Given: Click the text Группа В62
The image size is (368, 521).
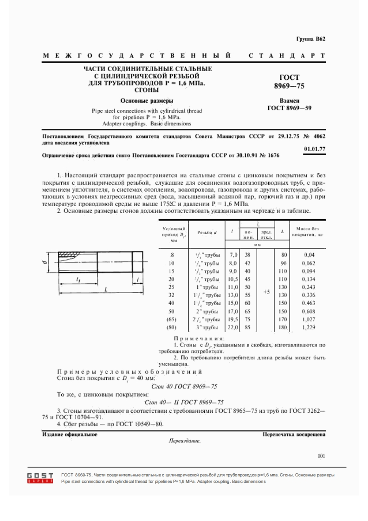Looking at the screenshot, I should (310, 39).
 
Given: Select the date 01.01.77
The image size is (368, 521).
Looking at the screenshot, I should (314, 149).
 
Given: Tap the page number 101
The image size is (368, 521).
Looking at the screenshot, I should (322, 456).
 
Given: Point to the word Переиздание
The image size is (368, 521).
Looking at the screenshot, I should (185, 441).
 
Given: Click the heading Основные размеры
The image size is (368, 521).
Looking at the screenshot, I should (147, 101).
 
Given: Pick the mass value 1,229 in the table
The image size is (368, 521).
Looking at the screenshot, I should (309, 328).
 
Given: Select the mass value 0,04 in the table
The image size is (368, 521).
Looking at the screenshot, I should (309, 254).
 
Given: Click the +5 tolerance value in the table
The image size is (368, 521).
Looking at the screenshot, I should (266, 292).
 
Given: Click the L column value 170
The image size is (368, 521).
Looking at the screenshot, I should (282, 319).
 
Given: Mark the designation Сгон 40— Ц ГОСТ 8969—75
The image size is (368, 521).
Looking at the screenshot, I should (184, 402).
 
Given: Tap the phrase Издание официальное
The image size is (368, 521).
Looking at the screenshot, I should (70, 434).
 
